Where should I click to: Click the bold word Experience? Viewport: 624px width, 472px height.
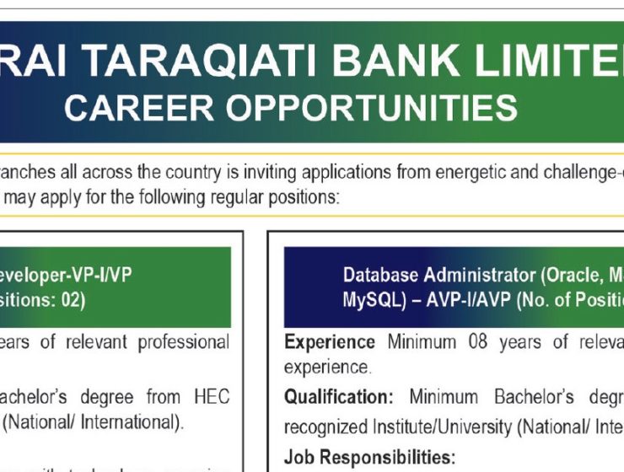(x=330, y=343)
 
